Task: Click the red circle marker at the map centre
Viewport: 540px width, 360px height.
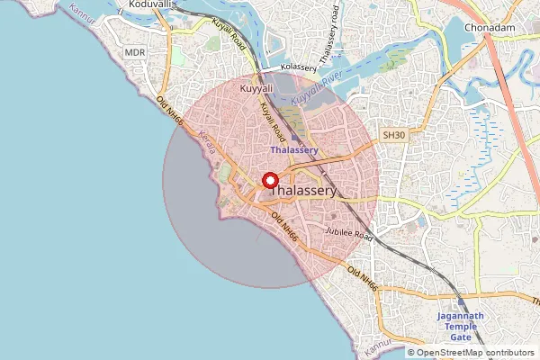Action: [269, 181]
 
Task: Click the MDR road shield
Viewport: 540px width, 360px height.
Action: [135, 53]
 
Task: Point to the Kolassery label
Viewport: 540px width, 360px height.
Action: [299, 67]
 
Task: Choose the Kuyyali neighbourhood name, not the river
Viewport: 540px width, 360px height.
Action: [256, 90]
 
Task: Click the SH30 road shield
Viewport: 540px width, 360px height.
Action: [393, 135]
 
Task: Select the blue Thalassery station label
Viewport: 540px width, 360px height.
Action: [293, 150]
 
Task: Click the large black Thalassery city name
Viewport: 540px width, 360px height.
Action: [304, 192]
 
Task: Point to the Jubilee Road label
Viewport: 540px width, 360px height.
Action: [349, 234]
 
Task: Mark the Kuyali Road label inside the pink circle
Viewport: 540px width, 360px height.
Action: [273, 121]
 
